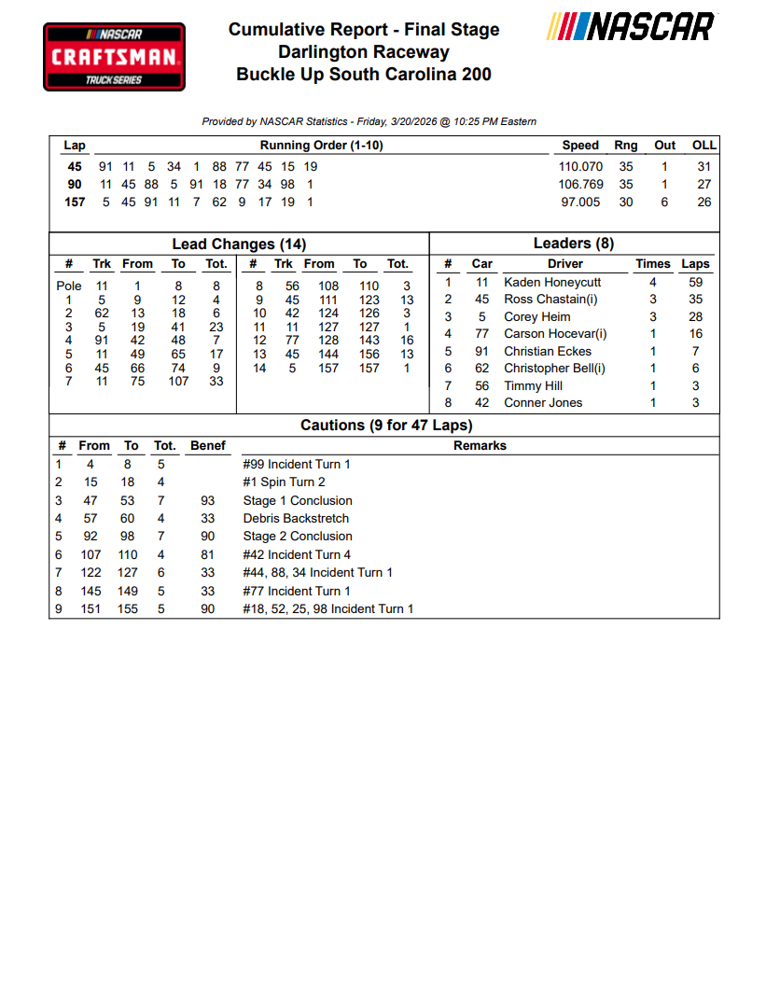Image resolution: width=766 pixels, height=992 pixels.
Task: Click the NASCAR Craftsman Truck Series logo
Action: point(114,57)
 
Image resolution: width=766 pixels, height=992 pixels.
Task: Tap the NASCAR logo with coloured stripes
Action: point(631,27)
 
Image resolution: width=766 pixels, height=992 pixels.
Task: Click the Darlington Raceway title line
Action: point(364,52)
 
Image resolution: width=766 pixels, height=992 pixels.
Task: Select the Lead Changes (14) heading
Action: point(239,245)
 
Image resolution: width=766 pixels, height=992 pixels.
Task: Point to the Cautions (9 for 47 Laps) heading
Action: point(386,426)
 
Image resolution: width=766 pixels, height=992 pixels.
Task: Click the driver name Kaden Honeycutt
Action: point(552,282)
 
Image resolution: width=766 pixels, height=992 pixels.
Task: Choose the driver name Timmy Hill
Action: point(533,385)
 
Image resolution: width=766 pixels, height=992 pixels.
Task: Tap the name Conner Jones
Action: point(543,402)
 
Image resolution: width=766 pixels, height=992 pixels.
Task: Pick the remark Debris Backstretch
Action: point(296,518)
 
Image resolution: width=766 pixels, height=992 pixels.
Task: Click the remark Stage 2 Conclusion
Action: point(298,536)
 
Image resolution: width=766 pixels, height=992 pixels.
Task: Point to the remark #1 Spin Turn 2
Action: point(284,482)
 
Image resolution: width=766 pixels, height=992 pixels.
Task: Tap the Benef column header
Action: point(208,446)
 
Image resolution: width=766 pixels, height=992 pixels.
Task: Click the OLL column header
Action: point(703,146)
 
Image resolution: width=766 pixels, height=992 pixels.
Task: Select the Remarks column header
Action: point(480,446)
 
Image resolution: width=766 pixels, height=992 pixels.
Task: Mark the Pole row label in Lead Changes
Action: point(69,286)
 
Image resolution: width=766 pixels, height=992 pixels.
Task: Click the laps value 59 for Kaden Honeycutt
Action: point(695,282)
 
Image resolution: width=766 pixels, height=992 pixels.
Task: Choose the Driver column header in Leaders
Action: point(565,264)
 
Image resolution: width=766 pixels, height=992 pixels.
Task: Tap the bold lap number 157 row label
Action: point(75,202)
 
